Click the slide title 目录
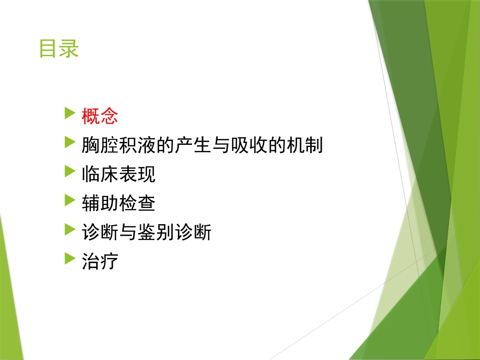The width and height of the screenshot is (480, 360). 59,49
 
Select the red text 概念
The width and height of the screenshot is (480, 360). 100,116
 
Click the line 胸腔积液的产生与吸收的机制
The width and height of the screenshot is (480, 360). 202,145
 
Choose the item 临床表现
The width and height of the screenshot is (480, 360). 118,175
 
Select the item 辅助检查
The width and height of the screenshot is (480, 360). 118,203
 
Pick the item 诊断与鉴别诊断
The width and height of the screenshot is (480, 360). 146,233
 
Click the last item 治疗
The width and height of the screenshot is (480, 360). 100,262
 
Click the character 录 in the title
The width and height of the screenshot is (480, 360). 69,49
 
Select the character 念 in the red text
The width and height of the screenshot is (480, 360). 109,116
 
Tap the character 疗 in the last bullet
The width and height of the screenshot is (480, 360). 109,262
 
